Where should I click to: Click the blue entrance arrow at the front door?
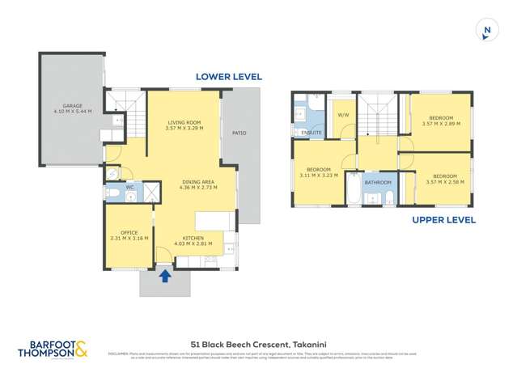coord(165,275)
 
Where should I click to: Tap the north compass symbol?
coord(486,31)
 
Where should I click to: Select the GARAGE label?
coord(72,106)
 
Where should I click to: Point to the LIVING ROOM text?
coord(184,124)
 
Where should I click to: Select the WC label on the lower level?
coord(130,187)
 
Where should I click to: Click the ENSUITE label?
coord(311,133)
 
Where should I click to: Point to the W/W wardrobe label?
coord(342,114)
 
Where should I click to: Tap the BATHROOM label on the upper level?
coord(378,183)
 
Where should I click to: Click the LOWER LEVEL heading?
coord(229,77)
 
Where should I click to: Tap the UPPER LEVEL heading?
coord(443,220)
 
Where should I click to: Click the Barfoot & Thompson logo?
coord(56,349)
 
